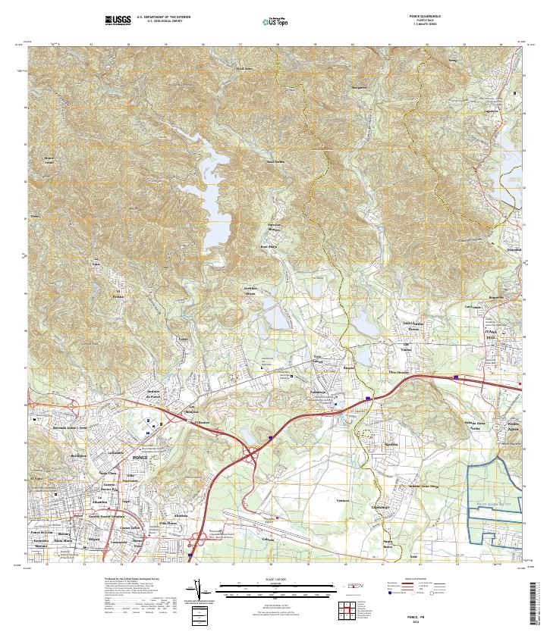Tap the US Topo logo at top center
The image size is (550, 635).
pyautogui.click(x=275, y=21)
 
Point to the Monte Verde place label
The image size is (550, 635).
pyautogui.click(x=49, y=160)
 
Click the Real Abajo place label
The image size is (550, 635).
pyautogui.click(x=269, y=246)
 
